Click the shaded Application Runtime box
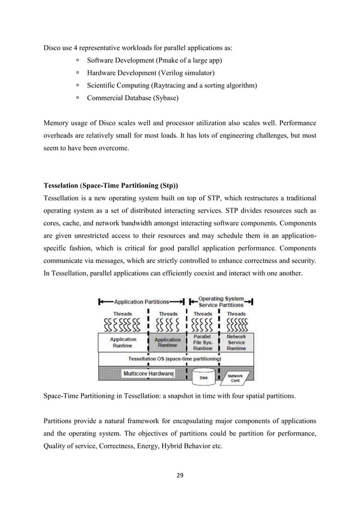(x=168, y=343)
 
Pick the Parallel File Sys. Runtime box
(x=203, y=342)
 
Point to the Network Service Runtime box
(x=236, y=342)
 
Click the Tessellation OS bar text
(x=174, y=358)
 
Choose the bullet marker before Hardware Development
(x=77, y=72)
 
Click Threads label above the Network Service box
(x=236, y=314)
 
